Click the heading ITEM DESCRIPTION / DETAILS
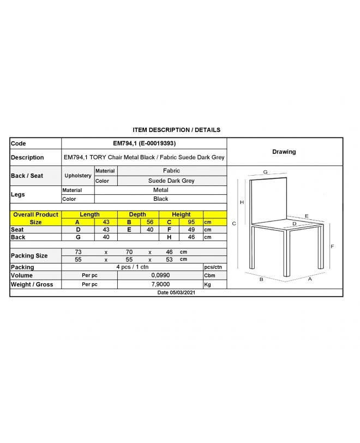coord(176,130)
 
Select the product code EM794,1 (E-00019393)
coord(144,143)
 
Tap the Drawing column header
coord(284,152)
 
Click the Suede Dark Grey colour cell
coord(171,181)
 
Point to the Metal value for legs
coord(160,190)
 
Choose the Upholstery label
coord(78,176)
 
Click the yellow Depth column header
coord(137,214)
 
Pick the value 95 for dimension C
coord(191,222)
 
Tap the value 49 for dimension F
coord(191,230)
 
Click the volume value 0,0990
coord(160,276)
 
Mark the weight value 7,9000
coord(160,284)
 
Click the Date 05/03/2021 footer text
coord(176,292)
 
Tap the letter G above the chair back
coord(265,172)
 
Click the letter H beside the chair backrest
coord(242,202)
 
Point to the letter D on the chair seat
coord(294,223)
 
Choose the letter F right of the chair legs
coord(332,246)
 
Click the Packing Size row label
coord(30,255)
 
